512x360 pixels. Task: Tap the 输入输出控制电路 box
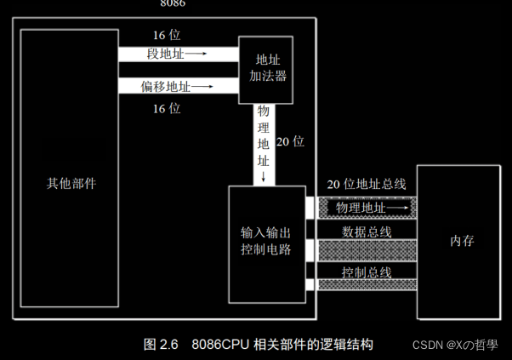pyautogui.click(x=267, y=239)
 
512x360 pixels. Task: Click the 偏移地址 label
pyautogui.click(x=168, y=86)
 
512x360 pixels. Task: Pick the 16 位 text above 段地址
pyautogui.click(x=167, y=35)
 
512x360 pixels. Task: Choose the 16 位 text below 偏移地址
pyautogui.click(x=167, y=108)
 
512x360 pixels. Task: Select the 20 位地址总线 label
pyautogui.click(x=367, y=184)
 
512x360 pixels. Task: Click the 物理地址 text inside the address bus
pyautogui.click(x=360, y=208)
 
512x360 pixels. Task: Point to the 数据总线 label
pyautogui.click(x=367, y=231)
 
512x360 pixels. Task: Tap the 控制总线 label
pyautogui.click(x=367, y=271)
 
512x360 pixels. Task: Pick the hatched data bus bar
pyautogui.click(x=367, y=249)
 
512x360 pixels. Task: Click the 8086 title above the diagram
pyautogui.click(x=173, y=3)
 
